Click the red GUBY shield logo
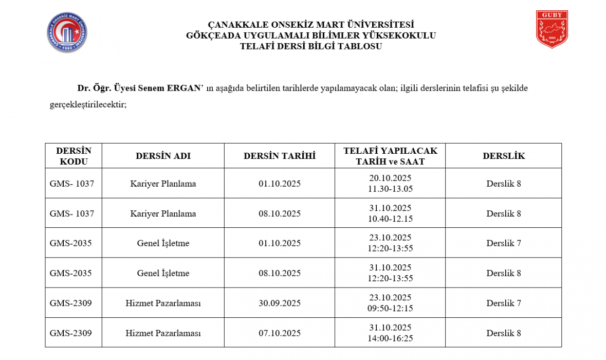click(x=552, y=29)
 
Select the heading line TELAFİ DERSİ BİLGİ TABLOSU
click(x=311, y=46)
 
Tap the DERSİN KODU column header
click(x=74, y=156)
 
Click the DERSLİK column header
click(x=504, y=156)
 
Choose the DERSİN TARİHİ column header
click(x=280, y=156)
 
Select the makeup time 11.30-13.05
click(x=391, y=189)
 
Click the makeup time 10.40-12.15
click(x=391, y=219)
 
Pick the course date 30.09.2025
click(x=280, y=303)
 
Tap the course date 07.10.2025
click(x=280, y=333)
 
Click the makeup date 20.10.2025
click(x=391, y=178)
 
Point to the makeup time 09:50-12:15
click(x=391, y=309)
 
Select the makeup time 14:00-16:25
click(x=391, y=338)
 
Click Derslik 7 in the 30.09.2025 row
click(x=504, y=303)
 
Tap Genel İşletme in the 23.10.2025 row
click(x=163, y=243)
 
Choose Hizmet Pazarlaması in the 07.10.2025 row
click(x=163, y=333)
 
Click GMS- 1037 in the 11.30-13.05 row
click(x=72, y=184)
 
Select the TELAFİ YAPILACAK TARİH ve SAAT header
click(x=391, y=156)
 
